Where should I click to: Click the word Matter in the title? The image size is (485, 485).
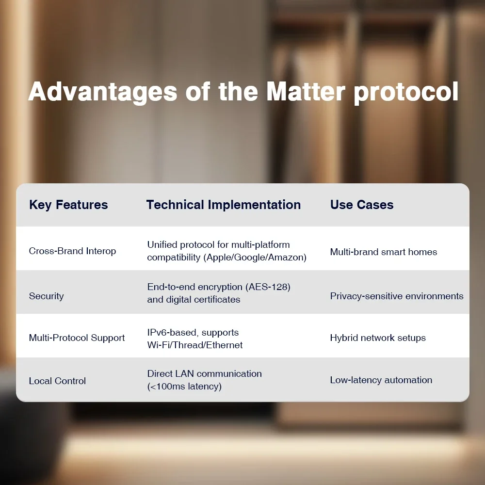[x=306, y=92]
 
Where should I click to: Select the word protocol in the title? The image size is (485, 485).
[x=406, y=93]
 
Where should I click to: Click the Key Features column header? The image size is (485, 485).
[x=68, y=205]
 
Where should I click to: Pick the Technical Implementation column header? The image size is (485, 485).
[x=223, y=205]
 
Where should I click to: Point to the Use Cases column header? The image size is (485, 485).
[x=362, y=205]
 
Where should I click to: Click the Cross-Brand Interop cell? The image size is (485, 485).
[x=72, y=251]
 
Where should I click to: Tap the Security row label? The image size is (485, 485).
[x=47, y=296]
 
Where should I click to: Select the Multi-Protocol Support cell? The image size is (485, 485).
[x=77, y=338]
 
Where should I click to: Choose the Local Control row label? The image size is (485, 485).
[x=57, y=381]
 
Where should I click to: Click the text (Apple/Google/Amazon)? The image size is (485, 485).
[x=255, y=258]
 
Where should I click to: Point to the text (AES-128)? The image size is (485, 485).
[x=268, y=287]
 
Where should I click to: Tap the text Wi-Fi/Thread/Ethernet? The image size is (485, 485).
[x=195, y=345]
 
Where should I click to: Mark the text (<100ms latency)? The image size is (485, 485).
[x=184, y=387]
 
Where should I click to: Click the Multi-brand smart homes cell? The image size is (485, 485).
[x=384, y=252]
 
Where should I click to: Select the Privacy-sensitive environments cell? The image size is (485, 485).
[x=397, y=296]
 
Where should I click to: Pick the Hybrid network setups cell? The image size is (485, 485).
[x=378, y=338]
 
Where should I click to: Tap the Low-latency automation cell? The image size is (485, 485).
[x=381, y=380]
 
